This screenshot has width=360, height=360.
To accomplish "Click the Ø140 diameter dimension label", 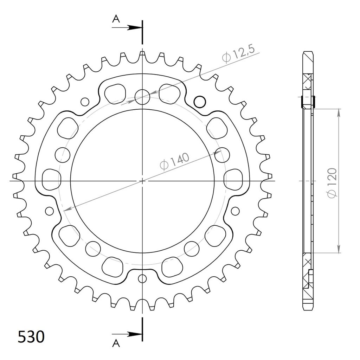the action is pyautogui.click(x=174, y=161).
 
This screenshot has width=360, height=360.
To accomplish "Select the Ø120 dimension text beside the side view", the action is pyautogui.click(x=333, y=183).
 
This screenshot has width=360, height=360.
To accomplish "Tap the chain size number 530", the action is pyautogui.click(x=31, y=337).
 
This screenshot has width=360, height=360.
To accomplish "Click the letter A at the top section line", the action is pyautogui.click(x=116, y=19).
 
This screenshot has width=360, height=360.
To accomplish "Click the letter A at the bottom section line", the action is pyautogui.click(x=116, y=343).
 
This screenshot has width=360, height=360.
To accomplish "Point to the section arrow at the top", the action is pyautogui.click(x=127, y=28).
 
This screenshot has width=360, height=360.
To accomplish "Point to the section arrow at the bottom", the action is pyautogui.click(x=127, y=334).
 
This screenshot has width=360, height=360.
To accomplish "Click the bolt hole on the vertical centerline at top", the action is pyautogui.click(x=142, y=97).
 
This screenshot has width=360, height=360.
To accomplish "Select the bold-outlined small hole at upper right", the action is pyautogui.click(x=200, y=102).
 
